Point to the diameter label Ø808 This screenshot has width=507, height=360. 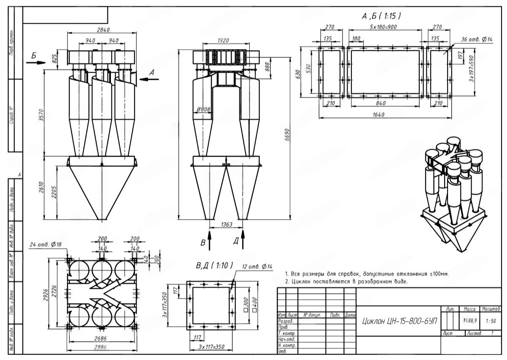(203, 110)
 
